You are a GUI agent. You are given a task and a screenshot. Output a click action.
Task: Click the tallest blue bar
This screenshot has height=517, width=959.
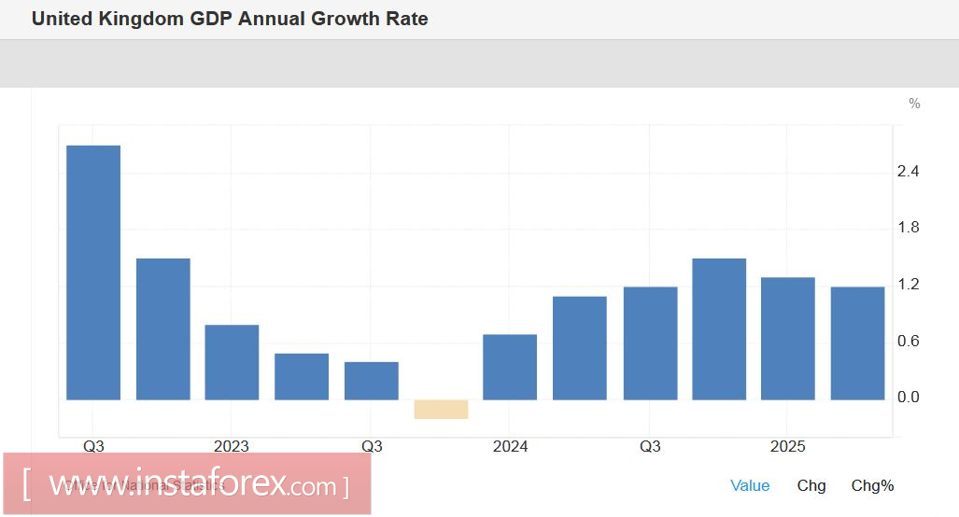point(93,272)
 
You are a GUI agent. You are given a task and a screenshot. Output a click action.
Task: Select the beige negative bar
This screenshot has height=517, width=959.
point(441,409)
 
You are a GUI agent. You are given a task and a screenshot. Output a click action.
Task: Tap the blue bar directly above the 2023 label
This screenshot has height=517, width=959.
point(232,362)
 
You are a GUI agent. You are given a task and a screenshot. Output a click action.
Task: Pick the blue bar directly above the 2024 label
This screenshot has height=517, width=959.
point(510,367)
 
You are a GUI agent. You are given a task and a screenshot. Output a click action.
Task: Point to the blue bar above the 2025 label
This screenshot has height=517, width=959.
point(787,339)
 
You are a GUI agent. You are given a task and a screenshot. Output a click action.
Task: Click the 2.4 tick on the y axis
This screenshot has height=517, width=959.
point(908,172)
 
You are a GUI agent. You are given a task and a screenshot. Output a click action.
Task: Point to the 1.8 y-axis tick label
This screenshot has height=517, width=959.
point(908,228)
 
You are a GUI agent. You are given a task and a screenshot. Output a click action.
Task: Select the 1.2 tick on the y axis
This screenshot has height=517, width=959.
point(908,285)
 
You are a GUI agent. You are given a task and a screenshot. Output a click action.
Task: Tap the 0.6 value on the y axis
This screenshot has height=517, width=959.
point(908,342)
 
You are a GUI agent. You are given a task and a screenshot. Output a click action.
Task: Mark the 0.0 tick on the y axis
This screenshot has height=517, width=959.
point(908,398)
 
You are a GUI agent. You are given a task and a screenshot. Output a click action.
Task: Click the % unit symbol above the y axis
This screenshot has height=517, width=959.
point(914,104)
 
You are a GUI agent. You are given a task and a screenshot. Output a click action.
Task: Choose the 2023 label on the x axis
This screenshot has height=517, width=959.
point(231,447)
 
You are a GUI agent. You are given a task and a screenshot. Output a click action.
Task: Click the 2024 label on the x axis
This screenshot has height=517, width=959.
point(509,447)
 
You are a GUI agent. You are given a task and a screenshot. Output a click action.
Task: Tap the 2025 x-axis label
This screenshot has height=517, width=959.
point(787,447)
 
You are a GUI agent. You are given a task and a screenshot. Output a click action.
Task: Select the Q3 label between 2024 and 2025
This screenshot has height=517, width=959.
point(650,447)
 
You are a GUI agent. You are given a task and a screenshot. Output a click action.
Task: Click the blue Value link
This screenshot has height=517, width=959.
point(750,485)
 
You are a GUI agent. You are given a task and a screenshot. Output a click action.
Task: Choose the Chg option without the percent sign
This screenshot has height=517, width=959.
point(811,485)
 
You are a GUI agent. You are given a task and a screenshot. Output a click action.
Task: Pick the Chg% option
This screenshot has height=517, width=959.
point(872,485)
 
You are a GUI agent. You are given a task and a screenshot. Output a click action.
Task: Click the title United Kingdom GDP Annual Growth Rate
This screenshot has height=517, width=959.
point(230,19)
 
